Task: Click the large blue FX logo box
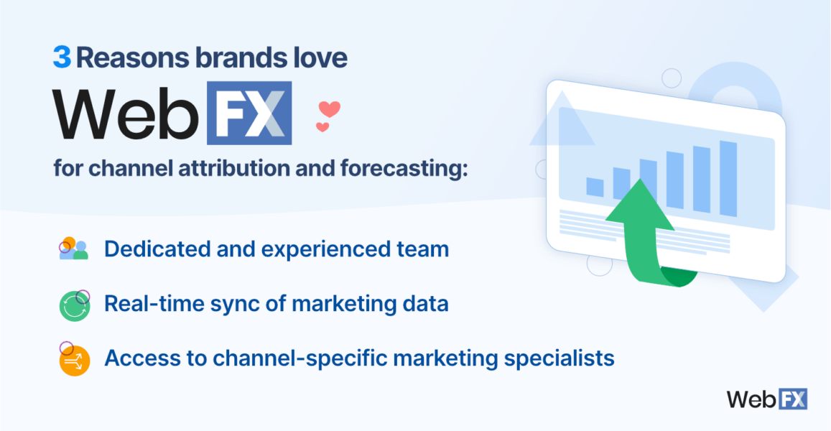click(249, 113)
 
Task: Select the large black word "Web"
click(125, 113)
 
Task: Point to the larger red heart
click(329, 109)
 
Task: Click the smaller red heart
click(322, 127)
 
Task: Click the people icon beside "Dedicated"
click(73, 249)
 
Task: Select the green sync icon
click(74, 305)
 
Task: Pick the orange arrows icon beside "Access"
click(73, 359)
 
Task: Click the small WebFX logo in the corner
click(767, 399)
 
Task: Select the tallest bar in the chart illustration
click(728, 178)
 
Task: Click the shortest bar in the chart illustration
click(595, 187)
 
